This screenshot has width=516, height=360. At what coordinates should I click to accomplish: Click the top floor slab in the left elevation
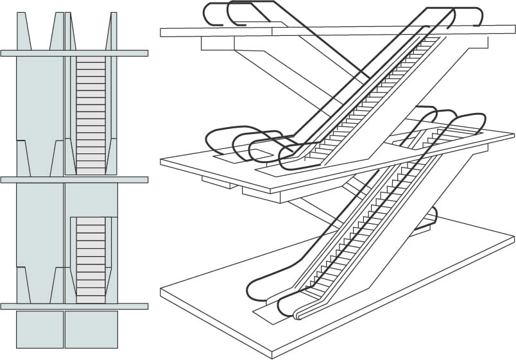point(74,53)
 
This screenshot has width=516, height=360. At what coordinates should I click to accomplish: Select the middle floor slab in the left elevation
point(74,180)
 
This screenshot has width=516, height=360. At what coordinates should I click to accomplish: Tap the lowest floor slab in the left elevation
point(74,306)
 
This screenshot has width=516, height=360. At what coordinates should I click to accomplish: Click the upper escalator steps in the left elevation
point(90,116)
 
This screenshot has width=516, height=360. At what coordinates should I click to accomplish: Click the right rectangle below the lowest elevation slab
point(91,329)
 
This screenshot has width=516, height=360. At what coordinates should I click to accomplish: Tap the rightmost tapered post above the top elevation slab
point(110,32)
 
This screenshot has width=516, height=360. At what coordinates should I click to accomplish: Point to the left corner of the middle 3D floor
point(162,161)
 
